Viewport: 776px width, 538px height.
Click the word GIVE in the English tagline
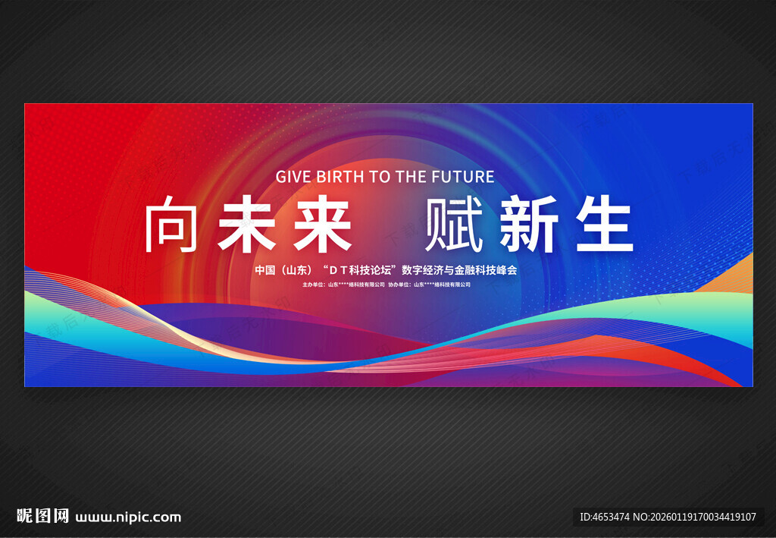[294, 177]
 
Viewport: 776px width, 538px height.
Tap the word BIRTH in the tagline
[338, 177]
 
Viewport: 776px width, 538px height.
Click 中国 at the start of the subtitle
[264, 270]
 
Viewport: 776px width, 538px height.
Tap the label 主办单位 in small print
[314, 285]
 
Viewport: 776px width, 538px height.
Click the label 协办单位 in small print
[399, 285]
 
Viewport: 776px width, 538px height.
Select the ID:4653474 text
[604, 517]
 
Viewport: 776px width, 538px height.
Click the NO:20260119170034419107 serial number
[695, 517]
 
